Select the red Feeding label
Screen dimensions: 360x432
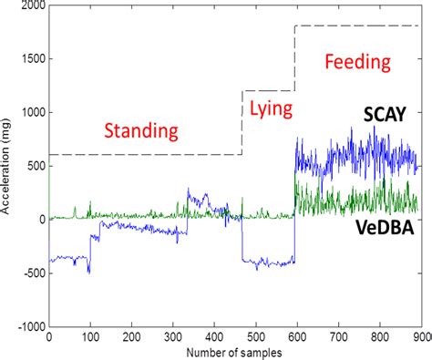pos(357,63)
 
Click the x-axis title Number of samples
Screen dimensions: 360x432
pos(235,351)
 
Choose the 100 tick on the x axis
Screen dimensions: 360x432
pos(90,336)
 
